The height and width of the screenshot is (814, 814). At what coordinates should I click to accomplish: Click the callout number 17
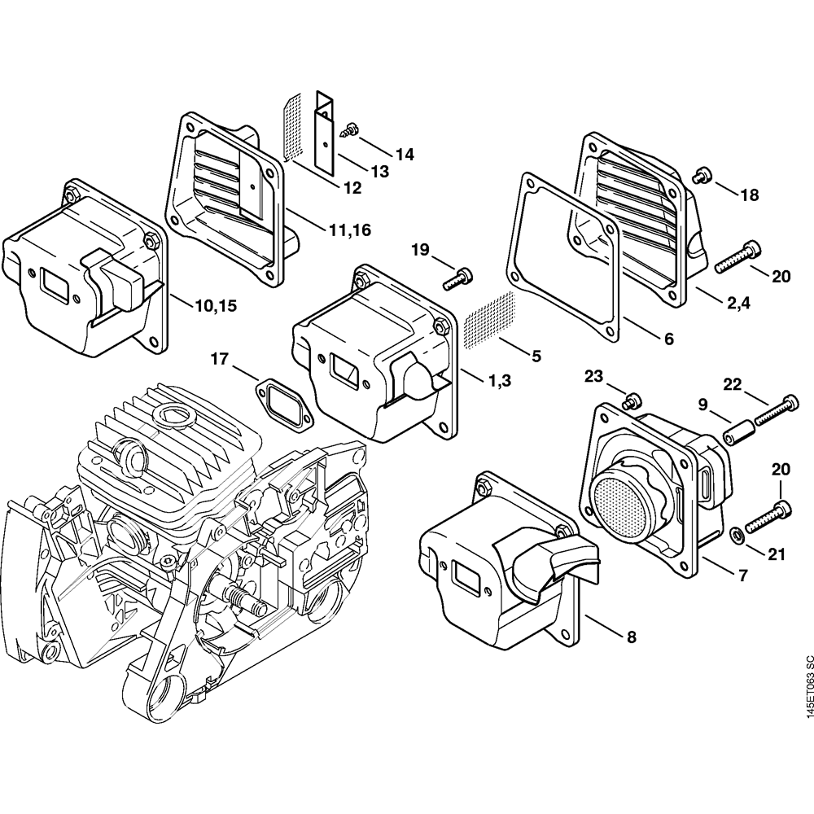(220, 358)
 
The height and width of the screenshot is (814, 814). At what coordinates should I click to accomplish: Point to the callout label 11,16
(349, 230)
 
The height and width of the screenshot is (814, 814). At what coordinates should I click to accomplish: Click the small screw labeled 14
(351, 128)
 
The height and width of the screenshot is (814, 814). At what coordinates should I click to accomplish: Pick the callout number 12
(352, 188)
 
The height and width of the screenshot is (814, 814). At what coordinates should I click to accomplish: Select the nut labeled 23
(629, 400)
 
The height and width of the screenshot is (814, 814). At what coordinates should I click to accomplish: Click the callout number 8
(632, 638)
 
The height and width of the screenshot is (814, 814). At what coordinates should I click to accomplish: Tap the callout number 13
(379, 171)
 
